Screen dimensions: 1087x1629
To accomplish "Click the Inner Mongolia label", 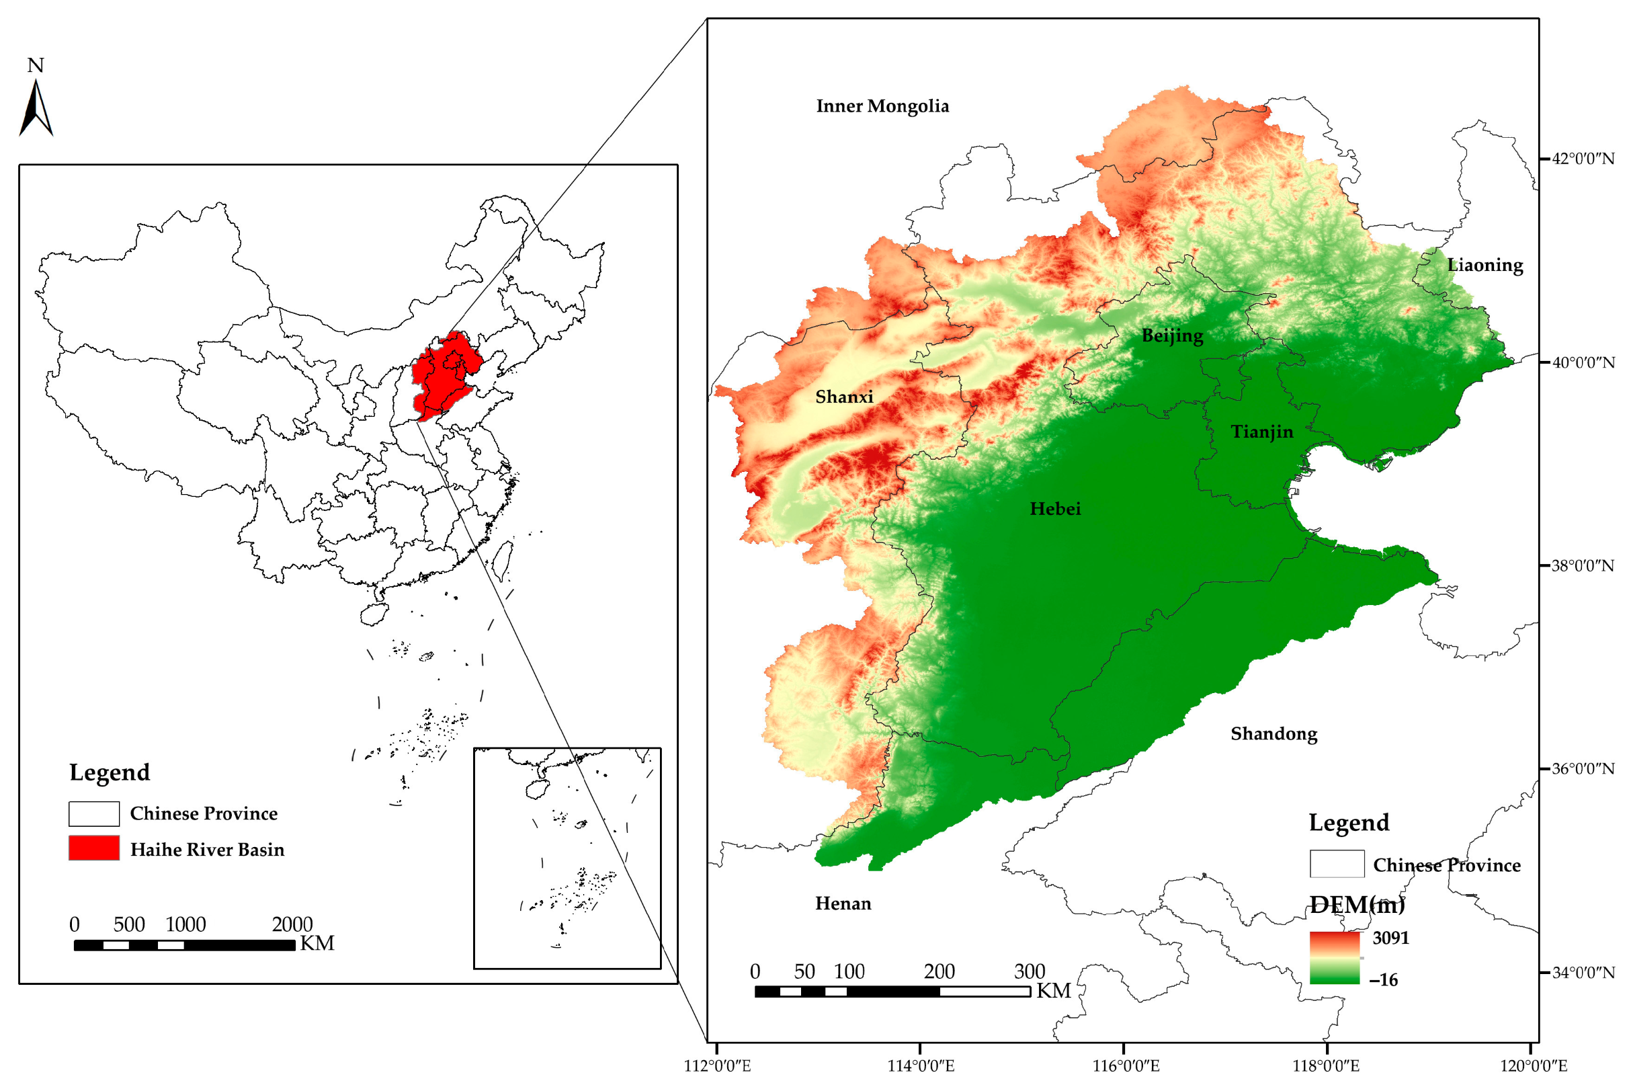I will [882, 106].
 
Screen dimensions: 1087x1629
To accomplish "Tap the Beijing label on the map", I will [1173, 335].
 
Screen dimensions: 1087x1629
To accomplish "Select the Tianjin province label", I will [1262, 432].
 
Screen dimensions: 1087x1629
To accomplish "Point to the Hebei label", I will [1054, 509].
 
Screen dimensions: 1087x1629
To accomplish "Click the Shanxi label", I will [844, 397].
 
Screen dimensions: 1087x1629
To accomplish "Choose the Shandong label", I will [1273, 733].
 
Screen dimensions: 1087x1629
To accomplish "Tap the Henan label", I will [843, 903].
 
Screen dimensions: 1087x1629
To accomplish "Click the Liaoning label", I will [1485, 265].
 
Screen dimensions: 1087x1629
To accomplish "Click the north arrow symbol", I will [36, 108].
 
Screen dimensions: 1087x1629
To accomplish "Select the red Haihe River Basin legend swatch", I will [93, 848].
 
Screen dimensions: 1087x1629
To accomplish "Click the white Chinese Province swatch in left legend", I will [93, 813].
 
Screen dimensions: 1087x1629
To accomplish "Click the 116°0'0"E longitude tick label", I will [1125, 1065].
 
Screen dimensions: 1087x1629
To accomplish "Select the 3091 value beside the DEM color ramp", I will [1390, 938].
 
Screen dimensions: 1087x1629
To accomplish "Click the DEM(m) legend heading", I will [1357, 904].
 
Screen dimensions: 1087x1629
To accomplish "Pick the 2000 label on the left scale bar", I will [292, 924].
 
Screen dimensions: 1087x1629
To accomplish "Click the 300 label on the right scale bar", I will [1029, 971].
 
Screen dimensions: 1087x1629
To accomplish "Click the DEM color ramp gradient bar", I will [1334, 957].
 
